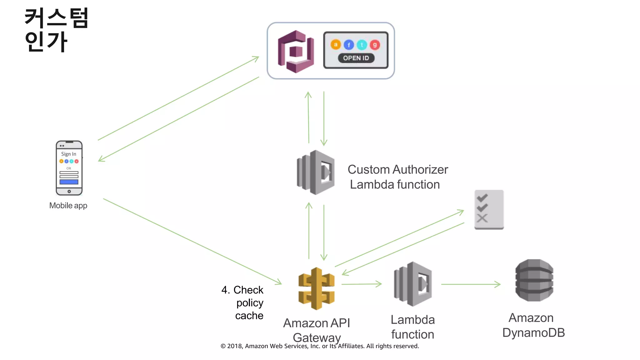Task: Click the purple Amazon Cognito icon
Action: [x=296, y=52]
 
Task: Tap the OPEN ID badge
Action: [x=356, y=58]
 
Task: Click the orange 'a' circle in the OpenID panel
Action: [x=336, y=45]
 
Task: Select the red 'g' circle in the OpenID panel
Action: [x=375, y=45]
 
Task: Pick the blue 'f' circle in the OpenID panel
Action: [x=349, y=45]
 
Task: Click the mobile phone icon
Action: [x=69, y=168]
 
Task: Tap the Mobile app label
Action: [x=68, y=206]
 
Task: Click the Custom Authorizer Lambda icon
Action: [x=316, y=172]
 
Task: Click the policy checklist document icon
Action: [x=489, y=209]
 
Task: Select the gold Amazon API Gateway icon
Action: [x=316, y=288]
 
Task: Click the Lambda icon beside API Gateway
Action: [x=413, y=284]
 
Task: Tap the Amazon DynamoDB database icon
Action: [x=534, y=280]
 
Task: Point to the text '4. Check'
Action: [x=242, y=290]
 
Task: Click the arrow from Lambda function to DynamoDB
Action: [x=470, y=284]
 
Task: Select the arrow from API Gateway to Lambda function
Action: [x=362, y=284]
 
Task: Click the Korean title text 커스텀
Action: [x=57, y=18]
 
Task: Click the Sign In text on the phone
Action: [x=68, y=154]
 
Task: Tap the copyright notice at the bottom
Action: [x=320, y=346]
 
